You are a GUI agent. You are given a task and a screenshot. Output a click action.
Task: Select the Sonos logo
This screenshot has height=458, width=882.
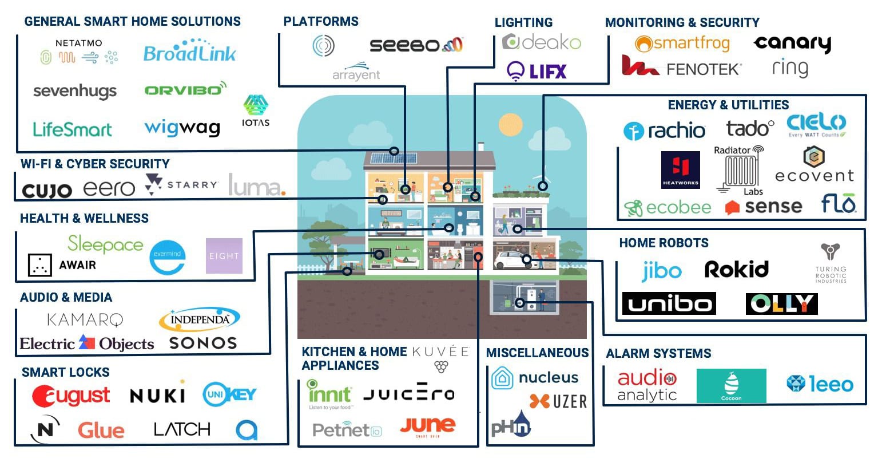tap(203, 343)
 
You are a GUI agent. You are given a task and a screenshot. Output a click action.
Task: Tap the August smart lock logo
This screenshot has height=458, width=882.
tap(71, 396)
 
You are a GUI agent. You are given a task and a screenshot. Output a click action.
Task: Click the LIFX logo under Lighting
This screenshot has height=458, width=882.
tap(537, 72)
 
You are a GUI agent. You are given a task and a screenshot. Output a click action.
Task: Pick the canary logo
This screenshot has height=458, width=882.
tap(792, 44)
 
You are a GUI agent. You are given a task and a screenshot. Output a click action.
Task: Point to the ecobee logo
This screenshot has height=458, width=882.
tap(668, 207)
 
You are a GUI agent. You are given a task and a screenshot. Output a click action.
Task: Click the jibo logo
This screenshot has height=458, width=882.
tap(661, 271)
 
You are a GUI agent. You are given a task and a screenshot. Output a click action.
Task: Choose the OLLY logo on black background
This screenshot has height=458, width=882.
tap(781, 304)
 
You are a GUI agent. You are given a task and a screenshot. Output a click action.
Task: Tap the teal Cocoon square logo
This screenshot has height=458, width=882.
tap(731, 385)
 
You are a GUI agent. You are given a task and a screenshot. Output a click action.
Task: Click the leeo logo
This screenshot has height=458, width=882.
tap(820, 384)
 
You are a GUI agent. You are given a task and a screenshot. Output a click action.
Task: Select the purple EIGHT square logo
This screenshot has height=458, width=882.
tap(224, 256)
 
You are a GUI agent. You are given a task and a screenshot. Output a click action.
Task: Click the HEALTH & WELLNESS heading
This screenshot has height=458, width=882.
tap(84, 218)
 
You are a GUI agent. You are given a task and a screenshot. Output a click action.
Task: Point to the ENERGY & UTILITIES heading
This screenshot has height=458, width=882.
tap(728, 105)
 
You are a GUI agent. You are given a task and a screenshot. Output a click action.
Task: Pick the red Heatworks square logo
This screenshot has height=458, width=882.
tap(680, 169)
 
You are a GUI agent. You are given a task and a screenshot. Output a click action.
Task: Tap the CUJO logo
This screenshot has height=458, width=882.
tap(47, 191)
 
